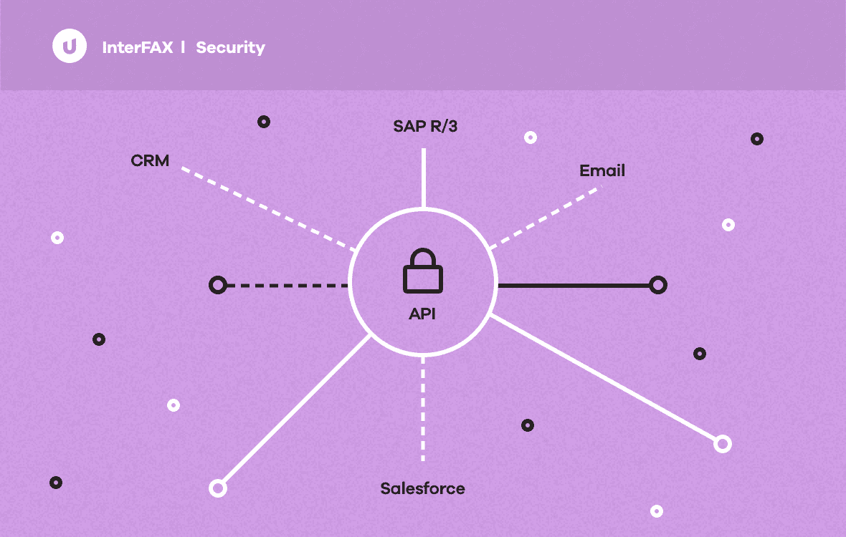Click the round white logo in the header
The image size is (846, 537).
[70, 47]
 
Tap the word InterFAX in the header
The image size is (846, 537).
[138, 48]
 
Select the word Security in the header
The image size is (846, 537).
[230, 48]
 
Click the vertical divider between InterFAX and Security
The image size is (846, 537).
[184, 47]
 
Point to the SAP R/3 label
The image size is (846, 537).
[425, 127]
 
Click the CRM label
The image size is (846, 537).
[150, 160]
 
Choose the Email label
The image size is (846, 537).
[602, 171]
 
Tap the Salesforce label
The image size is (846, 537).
[422, 489]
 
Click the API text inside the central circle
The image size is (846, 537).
[422, 314]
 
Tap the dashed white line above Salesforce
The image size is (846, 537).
[423, 408]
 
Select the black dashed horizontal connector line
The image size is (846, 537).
[287, 286]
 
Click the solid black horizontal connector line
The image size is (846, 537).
[574, 286]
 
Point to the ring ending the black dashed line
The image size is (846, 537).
[217, 286]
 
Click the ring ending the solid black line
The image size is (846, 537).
[658, 286]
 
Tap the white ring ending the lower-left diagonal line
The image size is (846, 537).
[217, 488]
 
